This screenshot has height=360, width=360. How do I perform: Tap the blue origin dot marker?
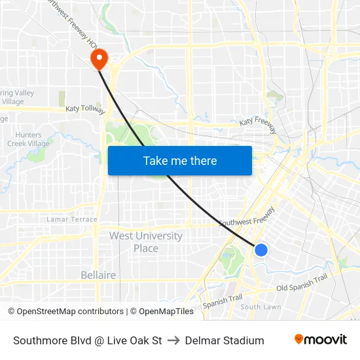click(x=261, y=249)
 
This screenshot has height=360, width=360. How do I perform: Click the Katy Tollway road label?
click(x=85, y=110)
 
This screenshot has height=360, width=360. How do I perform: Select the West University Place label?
click(x=145, y=242)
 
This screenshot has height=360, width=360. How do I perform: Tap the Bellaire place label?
click(x=98, y=275)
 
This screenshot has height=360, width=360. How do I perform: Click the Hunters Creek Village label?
click(x=27, y=139)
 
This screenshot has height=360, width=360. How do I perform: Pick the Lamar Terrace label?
click(x=72, y=219)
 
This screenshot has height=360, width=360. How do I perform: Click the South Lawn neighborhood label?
click(x=261, y=307)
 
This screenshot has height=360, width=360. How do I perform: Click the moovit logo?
click(x=320, y=340)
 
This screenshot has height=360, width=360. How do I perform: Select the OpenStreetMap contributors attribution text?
click(x=69, y=312)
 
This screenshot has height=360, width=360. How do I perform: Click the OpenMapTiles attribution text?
click(x=165, y=312)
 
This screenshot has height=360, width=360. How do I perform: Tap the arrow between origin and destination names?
click(x=173, y=340)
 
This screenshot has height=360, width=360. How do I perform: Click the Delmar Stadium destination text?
click(x=225, y=340)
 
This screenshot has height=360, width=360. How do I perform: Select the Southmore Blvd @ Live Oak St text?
click(x=87, y=340)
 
